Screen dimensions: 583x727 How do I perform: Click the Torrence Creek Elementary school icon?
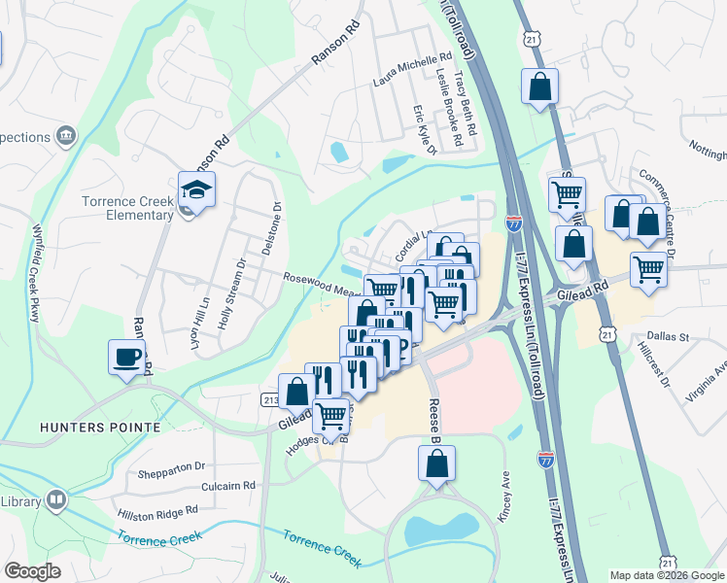[x=195, y=190]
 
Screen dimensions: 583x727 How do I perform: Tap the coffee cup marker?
[x=126, y=357]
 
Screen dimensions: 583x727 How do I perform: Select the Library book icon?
[x=57, y=500]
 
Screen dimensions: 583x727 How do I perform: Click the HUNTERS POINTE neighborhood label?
[x=86, y=427]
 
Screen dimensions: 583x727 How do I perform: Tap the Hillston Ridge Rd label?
[x=157, y=509]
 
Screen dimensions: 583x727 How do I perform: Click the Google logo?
[x=32, y=571]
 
